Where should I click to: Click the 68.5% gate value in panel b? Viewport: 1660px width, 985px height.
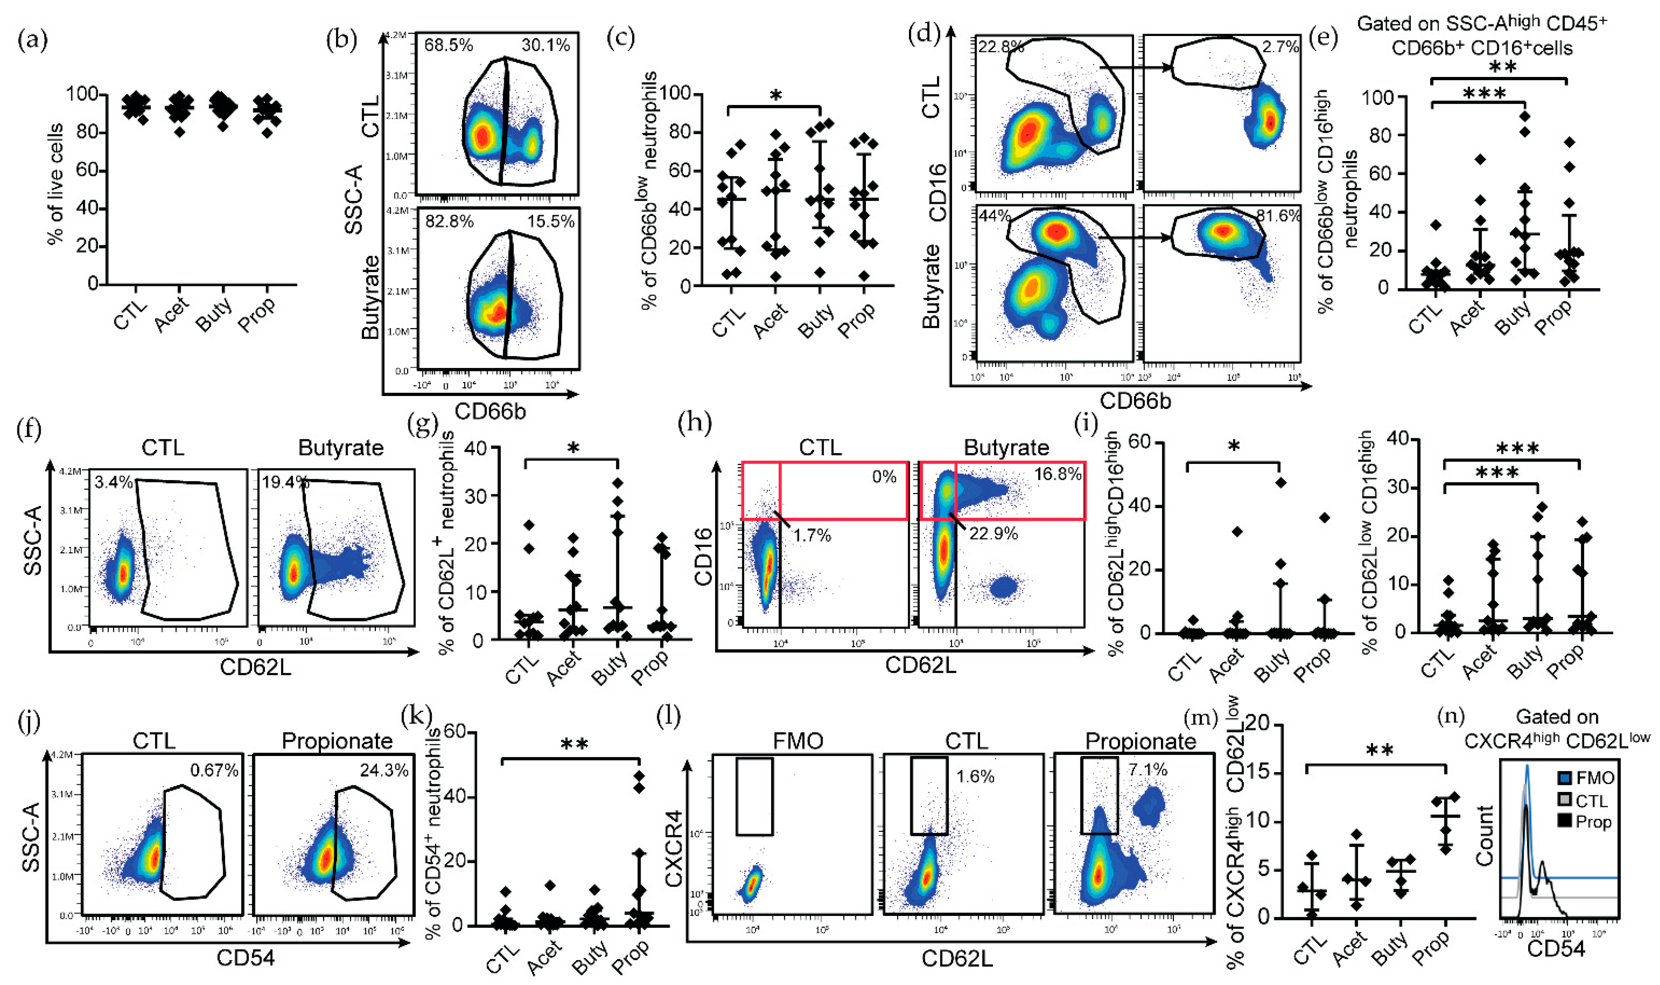pyautogui.click(x=449, y=46)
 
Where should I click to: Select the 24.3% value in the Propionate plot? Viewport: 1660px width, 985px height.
pyautogui.click(x=384, y=771)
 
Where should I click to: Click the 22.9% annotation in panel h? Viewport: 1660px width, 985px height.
pyautogui.click(x=993, y=534)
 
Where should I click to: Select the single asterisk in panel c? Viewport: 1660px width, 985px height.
pyautogui.click(x=775, y=96)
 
